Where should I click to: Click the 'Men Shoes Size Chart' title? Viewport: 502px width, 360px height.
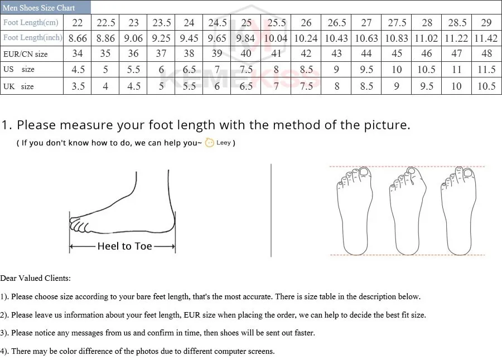point(39,8)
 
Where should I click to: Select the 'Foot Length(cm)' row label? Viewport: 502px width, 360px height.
point(31,23)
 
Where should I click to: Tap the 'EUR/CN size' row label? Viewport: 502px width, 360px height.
point(25,54)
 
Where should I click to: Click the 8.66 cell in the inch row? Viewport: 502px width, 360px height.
point(78,38)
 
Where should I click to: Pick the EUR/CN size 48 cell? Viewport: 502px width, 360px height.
point(486,54)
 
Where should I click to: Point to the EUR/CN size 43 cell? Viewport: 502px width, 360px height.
point(337,54)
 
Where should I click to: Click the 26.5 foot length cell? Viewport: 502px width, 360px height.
point(337,23)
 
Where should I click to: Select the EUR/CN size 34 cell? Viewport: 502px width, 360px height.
point(78,54)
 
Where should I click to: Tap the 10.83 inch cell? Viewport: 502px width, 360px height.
point(397,38)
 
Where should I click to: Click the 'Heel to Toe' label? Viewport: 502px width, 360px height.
point(124,246)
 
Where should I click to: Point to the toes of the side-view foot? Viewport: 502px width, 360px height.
point(79,226)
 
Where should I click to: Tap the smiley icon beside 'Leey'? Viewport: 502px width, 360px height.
point(209,143)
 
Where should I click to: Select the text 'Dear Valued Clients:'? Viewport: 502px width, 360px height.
point(36,278)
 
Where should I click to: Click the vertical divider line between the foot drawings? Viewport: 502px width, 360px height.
point(271,211)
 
